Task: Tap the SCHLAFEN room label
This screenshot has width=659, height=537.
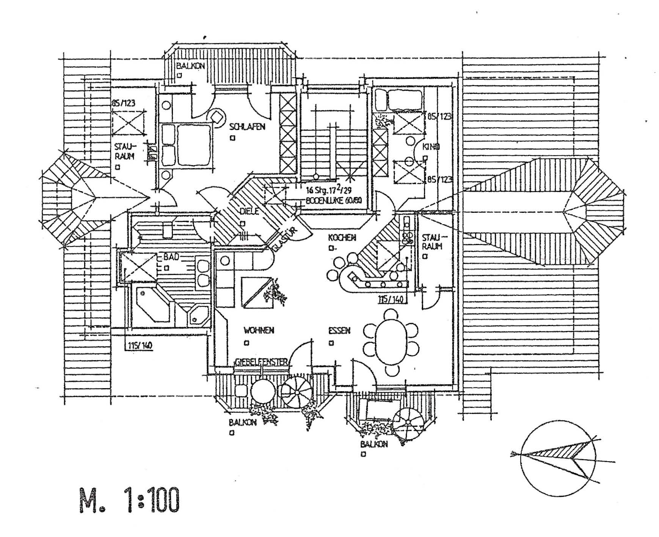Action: click(247, 127)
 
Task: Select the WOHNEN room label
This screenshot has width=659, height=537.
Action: click(259, 331)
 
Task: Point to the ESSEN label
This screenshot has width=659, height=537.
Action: click(339, 331)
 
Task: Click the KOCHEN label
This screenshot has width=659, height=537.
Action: click(342, 238)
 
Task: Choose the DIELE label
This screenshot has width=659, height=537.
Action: click(249, 211)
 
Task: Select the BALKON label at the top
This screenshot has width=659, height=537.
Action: click(190, 66)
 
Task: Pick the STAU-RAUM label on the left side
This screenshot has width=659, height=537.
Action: click(125, 151)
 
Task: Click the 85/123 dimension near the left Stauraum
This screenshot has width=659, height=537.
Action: click(123, 103)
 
